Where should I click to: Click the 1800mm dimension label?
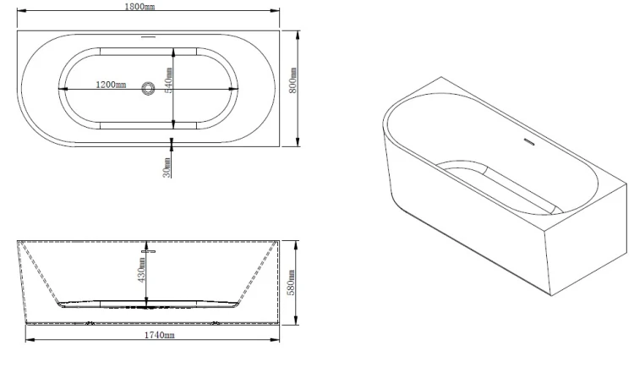click(139, 7)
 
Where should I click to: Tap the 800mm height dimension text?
click(292, 80)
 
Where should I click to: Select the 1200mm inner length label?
click(111, 85)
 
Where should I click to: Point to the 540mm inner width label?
click(168, 80)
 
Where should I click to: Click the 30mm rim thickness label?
click(167, 167)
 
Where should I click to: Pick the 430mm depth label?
click(141, 270)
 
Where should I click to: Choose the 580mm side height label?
click(291, 282)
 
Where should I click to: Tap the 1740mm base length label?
click(159, 335)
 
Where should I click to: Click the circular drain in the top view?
click(148, 89)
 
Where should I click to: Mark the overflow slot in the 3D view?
click(529, 141)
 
